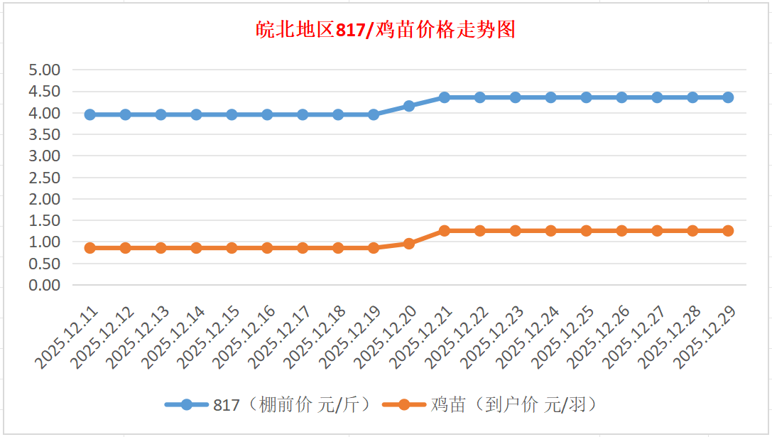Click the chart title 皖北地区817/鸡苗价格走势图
(x=386, y=31)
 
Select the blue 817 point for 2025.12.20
(x=409, y=106)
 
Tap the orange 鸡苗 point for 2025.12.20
(x=409, y=244)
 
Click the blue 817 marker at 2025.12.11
(x=90, y=114)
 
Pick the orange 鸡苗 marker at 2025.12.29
(x=728, y=231)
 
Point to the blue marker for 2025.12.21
(x=445, y=97)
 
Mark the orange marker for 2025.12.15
(x=232, y=248)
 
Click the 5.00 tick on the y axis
(x=44, y=70)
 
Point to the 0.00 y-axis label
(x=44, y=285)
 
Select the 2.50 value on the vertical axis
(x=44, y=178)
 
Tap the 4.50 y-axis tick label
(x=44, y=91)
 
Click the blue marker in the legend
(x=186, y=405)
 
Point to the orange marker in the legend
(x=403, y=405)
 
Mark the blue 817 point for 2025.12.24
(x=551, y=97)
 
